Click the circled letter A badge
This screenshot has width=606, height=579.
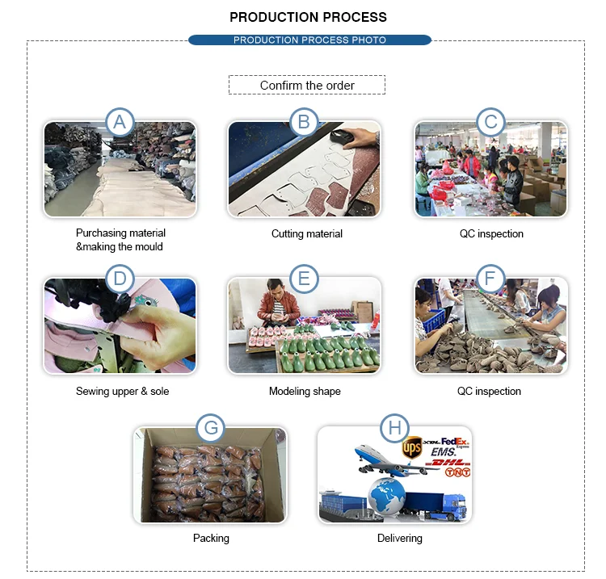pyautogui.click(x=120, y=122)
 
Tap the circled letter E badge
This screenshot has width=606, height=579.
pyautogui.click(x=304, y=279)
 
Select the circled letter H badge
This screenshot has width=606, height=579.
pyautogui.click(x=394, y=428)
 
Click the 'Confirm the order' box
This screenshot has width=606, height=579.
pyautogui.click(x=307, y=85)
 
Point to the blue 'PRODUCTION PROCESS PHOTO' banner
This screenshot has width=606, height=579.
pyautogui.click(x=309, y=40)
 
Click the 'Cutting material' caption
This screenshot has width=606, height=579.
pyautogui.click(x=307, y=233)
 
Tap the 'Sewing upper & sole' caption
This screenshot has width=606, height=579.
pyautogui.click(x=123, y=392)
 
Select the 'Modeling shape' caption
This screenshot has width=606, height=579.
pyautogui.click(x=305, y=392)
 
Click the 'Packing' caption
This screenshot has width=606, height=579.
pyautogui.click(x=211, y=539)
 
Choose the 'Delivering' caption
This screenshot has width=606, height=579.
pyautogui.click(x=400, y=539)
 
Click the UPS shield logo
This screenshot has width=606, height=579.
pyautogui.click(x=412, y=448)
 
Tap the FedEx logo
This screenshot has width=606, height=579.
pyautogui.click(x=455, y=442)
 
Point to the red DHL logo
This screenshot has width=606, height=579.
pyautogui.click(x=448, y=463)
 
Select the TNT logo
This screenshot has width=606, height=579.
pyautogui.click(x=457, y=472)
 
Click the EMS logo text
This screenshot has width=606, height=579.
pyautogui.click(x=444, y=452)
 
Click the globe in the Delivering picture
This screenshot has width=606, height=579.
pyautogui.click(x=386, y=496)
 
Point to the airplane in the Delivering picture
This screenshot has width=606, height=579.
pyautogui.click(x=394, y=462)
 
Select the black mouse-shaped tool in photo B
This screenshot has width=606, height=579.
pyautogui.click(x=342, y=136)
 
